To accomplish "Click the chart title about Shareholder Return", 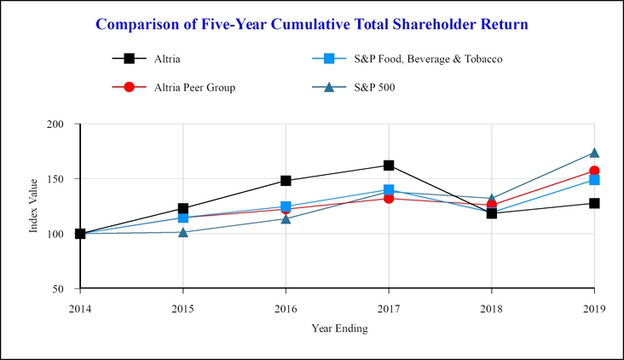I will (x=312, y=24).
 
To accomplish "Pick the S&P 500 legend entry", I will (x=374, y=87).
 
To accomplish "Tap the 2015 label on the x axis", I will (x=182, y=308).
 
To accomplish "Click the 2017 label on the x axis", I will (x=389, y=308).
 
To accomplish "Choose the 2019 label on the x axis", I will (x=594, y=308).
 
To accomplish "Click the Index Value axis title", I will (x=33, y=206).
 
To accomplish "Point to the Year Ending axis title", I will (x=338, y=328).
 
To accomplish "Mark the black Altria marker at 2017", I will (x=389, y=165).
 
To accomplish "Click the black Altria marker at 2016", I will (x=286, y=181).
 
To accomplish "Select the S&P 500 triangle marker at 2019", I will (x=594, y=153).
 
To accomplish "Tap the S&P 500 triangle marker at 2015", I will (x=182, y=232).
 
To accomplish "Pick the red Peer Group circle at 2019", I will (x=594, y=171).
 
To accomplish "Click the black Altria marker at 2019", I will (x=594, y=203).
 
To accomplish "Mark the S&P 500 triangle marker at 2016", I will (x=286, y=218).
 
